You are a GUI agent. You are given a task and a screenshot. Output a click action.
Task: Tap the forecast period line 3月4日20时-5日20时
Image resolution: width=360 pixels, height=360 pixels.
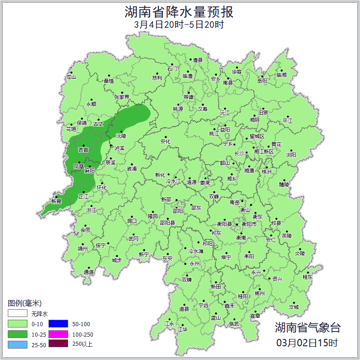(179, 25)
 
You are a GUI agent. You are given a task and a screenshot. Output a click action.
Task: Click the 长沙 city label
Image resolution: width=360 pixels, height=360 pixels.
(239, 154)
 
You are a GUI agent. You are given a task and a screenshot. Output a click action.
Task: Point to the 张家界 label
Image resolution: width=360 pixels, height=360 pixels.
(122, 97)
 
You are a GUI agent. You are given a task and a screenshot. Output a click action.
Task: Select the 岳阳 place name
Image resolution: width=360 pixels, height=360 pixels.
(262, 81)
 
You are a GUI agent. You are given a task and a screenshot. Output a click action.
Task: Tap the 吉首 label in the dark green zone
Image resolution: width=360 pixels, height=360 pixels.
(83, 150)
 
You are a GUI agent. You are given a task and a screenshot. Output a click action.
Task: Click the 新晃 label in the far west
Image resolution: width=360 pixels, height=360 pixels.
(56, 201)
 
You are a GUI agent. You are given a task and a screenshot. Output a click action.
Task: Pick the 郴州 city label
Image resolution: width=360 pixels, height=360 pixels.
(259, 293)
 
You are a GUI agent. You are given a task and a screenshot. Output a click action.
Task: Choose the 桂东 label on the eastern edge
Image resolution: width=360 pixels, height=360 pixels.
(307, 277)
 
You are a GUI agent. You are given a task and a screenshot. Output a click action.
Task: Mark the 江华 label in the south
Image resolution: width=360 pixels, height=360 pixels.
(183, 329)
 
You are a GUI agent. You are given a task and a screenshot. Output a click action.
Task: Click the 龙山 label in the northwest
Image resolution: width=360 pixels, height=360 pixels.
(71, 77)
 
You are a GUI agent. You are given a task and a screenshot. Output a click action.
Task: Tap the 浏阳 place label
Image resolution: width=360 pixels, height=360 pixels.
(291, 155)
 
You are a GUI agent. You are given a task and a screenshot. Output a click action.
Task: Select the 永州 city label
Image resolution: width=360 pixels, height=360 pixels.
(195, 264)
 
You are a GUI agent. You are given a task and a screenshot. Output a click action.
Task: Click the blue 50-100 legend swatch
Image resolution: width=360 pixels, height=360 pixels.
(58, 323)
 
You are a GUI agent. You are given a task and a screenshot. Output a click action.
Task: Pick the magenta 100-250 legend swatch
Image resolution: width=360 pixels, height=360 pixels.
(58, 334)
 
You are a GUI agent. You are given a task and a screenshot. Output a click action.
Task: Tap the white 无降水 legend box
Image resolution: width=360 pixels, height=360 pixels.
(17, 314)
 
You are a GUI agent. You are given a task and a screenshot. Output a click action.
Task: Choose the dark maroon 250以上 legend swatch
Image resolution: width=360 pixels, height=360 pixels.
(58, 344)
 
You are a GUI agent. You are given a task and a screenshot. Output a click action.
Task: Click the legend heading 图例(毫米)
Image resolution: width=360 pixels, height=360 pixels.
(24, 303)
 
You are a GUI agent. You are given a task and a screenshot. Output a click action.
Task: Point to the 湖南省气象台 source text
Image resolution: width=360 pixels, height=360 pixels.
(307, 327)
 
